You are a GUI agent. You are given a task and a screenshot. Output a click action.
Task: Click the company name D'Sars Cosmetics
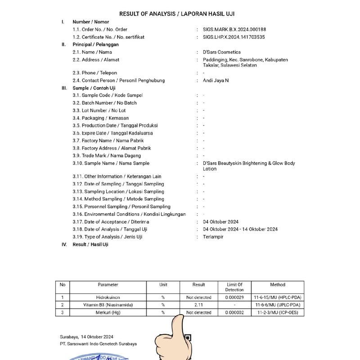(222, 52)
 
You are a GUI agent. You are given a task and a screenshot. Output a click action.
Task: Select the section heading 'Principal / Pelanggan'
(95, 45)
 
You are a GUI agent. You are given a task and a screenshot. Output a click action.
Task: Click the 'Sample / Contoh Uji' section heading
(94, 88)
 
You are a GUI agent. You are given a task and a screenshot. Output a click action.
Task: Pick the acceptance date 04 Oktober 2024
(221, 222)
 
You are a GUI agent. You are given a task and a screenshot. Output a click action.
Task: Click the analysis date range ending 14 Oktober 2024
(240, 229)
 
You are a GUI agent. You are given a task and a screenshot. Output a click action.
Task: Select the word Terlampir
(213, 237)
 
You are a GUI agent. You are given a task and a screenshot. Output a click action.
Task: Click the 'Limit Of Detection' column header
(234, 287)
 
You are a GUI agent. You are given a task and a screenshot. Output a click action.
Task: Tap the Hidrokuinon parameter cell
(108, 297)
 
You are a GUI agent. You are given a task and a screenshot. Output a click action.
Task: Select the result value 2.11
(198, 305)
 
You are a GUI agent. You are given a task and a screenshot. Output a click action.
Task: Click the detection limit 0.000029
(234, 297)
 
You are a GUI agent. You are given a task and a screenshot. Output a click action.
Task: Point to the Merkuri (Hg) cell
(108, 312)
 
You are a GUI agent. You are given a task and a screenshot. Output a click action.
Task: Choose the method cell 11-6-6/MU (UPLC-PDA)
(277, 305)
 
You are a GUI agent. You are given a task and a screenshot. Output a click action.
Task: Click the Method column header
(277, 285)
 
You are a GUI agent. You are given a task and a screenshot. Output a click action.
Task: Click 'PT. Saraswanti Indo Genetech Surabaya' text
(98, 344)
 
